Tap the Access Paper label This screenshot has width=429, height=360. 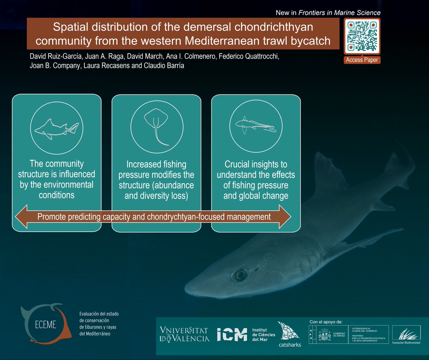pyautogui.click(x=362, y=60)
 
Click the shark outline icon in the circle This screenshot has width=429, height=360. pyautogui.click(x=57, y=128)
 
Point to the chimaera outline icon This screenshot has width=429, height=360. pyautogui.click(x=256, y=126)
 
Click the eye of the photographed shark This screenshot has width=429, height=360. pyautogui.click(x=238, y=275)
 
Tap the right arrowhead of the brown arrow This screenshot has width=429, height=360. pyautogui.click(x=284, y=217)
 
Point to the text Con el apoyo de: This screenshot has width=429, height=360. pyautogui.click(x=325, y=322)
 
